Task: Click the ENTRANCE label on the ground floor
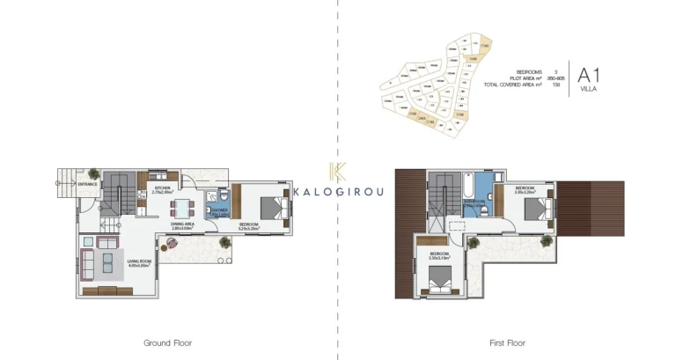(x=87, y=184)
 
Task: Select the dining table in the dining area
(x=184, y=209)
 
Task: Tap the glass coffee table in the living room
(x=106, y=262)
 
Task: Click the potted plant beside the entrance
(x=92, y=173)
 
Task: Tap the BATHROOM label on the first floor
(x=475, y=202)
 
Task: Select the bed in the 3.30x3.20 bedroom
(x=535, y=209)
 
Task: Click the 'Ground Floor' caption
(x=167, y=342)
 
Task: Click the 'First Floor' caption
(x=507, y=342)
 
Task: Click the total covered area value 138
(x=555, y=84)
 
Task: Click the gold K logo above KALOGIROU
(x=336, y=173)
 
